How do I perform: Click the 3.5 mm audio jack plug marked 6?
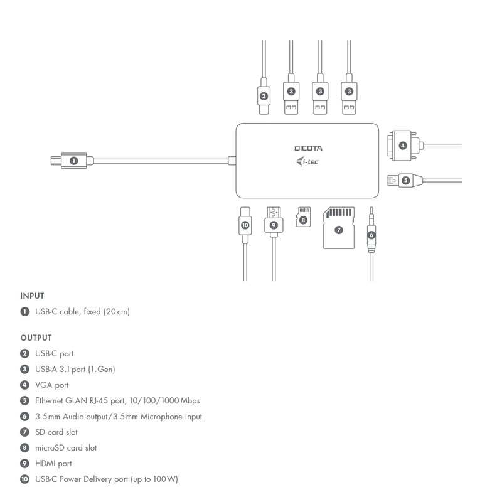point(371,235)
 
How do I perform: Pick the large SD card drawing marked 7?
point(339,228)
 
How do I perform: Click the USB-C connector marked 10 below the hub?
point(245,224)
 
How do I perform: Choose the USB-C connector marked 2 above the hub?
point(264,96)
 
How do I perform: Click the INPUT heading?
point(32,296)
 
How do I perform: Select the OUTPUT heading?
point(36,338)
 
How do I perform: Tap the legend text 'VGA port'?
point(52,385)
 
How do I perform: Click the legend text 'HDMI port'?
point(53,464)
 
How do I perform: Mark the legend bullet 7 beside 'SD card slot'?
point(25,432)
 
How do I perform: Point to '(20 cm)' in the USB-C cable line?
point(117,312)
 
